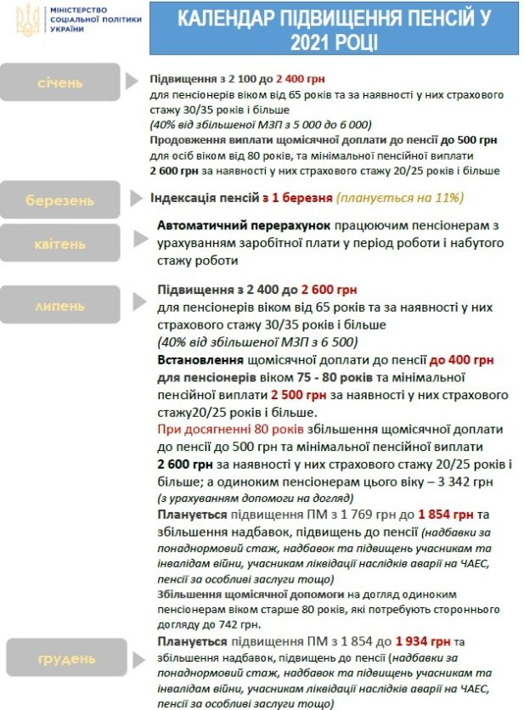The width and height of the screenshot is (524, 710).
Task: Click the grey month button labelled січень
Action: pyautogui.click(x=59, y=82)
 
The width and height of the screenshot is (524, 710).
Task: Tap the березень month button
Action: pyautogui.click(x=59, y=200)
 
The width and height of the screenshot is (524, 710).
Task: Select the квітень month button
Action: pyautogui.click(x=59, y=244)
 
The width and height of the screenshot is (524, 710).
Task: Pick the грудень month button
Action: pyautogui.click(x=59, y=658)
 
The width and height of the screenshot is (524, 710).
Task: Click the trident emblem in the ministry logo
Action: pyautogui.click(x=25, y=19)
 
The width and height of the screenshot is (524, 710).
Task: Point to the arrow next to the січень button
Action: pyautogui.click(x=131, y=82)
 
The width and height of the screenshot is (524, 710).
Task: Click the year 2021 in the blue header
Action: pyautogui.click(x=307, y=42)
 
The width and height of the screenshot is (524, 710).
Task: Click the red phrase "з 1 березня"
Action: pyautogui.click(x=297, y=198)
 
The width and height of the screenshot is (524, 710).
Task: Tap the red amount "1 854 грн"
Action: pyautogui.click(x=446, y=515)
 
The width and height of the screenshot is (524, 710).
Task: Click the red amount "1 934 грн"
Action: pyautogui.click(x=424, y=640)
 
